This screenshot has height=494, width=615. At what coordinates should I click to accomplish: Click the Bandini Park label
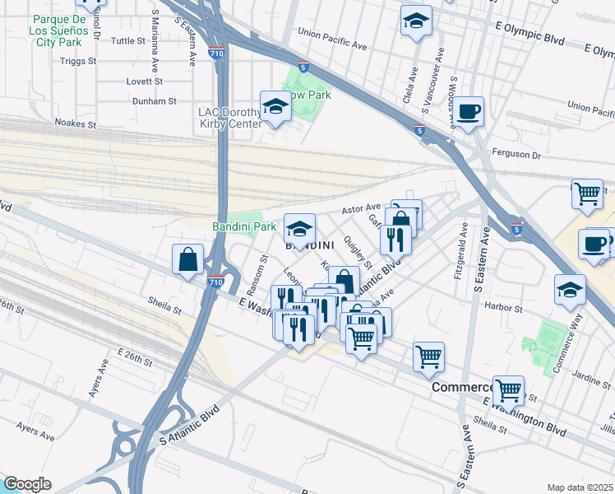click(244, 226)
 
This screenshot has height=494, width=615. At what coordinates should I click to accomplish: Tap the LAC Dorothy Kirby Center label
click(229, 118)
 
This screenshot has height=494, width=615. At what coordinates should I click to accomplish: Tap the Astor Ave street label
click(361, 208)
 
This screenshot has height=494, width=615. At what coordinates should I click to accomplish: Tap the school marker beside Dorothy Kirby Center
click(275, 106)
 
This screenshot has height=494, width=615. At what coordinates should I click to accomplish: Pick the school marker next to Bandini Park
click(299, 228)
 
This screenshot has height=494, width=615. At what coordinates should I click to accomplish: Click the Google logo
click(27, 484)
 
